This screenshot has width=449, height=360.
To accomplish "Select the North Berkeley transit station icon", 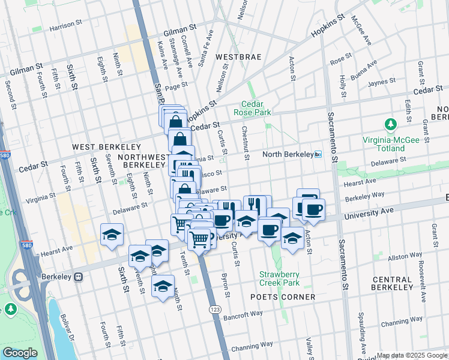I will pyautogui.click(x=319, y=154).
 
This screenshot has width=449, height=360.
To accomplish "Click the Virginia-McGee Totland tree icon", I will pyautogui.click(x=391, y=124).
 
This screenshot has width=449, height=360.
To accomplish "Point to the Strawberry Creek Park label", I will pyautogui.click(x=279, y=278).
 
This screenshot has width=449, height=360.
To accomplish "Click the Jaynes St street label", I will pyautogui.click(x=383, y=82).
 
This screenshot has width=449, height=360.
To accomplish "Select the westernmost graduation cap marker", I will pyautogui.click(x=112, y=235).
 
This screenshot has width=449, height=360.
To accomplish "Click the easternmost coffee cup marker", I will pyautogui.click(x=313, y=209).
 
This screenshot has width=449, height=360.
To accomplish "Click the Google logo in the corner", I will pyautogui.click(x=20, y=353).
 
